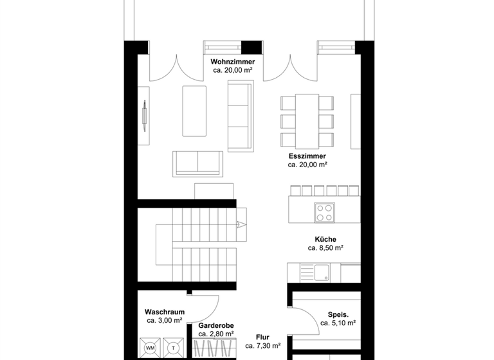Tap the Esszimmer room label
coord(307,156)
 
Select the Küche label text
coord(325,239)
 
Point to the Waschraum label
coord(165,312)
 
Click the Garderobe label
coord(215,326)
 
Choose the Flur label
coord(262,337)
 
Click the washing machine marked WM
coord(151,348)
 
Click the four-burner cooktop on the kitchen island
coord(323,211)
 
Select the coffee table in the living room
coord(194,111)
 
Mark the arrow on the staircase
coord(242,224)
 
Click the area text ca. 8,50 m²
coord(325,248)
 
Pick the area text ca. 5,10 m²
coord(338,324)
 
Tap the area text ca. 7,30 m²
coord(262,346)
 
